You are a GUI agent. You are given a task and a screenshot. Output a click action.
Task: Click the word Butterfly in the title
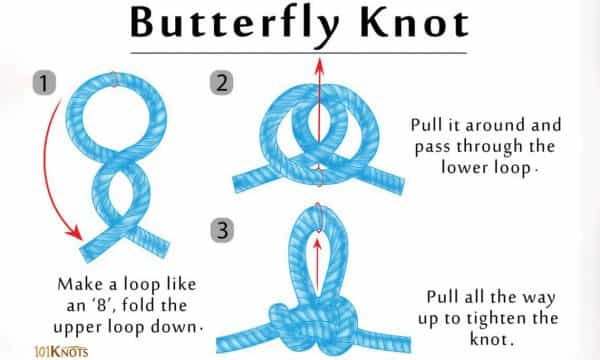point(234,24)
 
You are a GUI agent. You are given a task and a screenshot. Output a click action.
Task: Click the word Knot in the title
point(414,23)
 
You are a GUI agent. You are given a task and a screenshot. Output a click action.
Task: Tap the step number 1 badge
point(44,83)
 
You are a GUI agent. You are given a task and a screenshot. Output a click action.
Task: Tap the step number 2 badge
point(222,83)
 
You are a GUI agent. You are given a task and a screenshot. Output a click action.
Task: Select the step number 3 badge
point(222,230)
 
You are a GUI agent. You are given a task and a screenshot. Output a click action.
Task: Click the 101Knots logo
point(61,352)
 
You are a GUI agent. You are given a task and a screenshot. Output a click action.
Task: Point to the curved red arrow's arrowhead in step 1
point(74,231)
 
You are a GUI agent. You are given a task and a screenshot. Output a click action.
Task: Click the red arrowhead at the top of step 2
point(320,66)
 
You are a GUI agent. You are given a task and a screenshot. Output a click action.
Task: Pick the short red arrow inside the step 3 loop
point(317,265)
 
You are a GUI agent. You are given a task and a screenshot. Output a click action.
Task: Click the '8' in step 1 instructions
point(101,305)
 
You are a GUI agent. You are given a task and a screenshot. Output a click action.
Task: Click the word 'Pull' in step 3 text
point(442,297)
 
